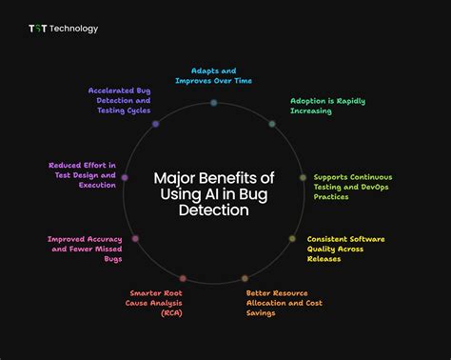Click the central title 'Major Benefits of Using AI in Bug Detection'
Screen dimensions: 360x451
pyautogui.click(x=214, y=193)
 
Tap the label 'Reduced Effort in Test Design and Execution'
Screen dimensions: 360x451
pyautogui.click(x=83, y=175)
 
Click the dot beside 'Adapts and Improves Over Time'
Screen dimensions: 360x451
pyautogui.click(x=214, y=102)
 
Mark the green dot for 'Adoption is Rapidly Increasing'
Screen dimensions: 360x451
pyautogui.click(x=272, y=124)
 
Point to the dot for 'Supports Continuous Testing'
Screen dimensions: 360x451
pyautogui.click(x=304, y=177)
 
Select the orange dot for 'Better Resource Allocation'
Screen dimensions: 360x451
pyautogui.click(x=245, y=278)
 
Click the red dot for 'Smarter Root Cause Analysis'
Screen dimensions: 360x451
pyautogui.click(x=183, y=278)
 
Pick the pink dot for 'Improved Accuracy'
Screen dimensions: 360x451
pyautogui.click(x=136, y=238)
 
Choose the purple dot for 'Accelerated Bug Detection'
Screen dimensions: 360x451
pyautogui.click(x=155, y=124)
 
